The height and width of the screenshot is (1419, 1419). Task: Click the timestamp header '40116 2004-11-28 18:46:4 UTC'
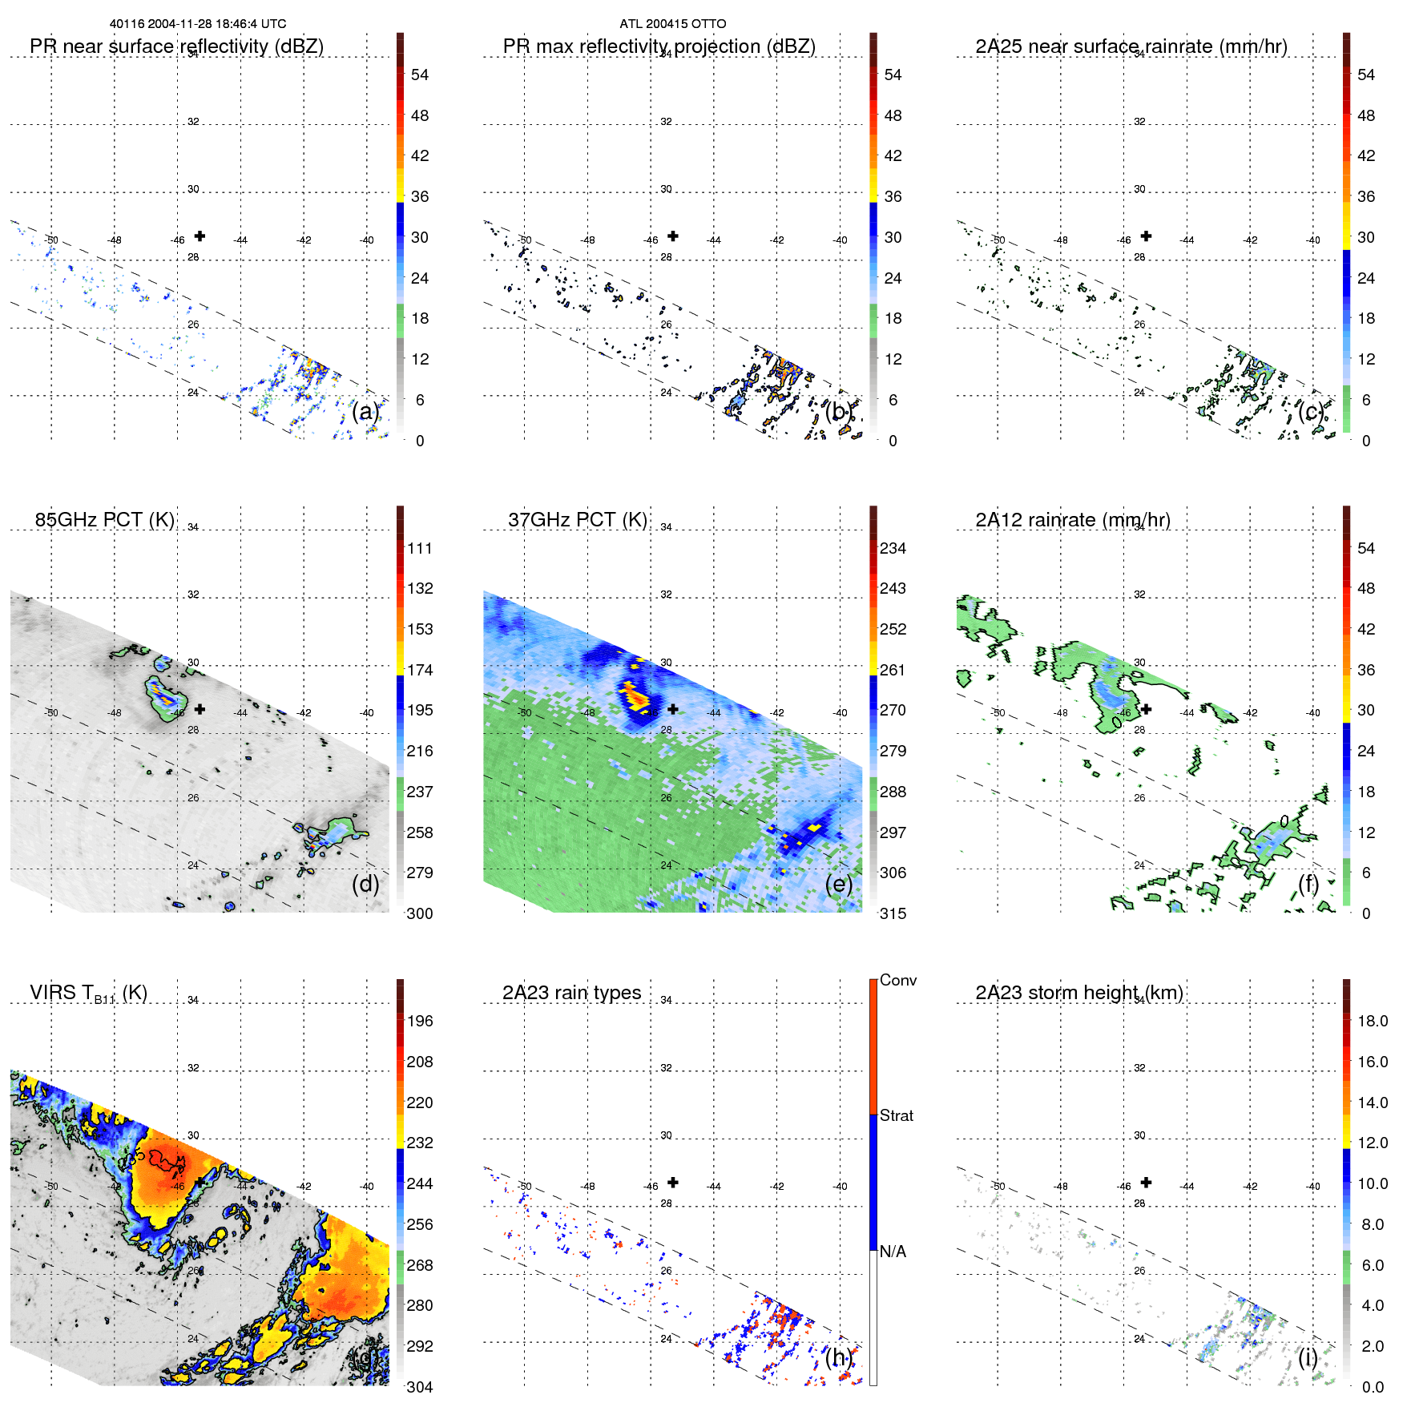pos(198,24)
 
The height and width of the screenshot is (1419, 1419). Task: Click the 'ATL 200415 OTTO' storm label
pos(673,24)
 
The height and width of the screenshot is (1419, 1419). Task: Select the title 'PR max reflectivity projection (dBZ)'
pos(659,46)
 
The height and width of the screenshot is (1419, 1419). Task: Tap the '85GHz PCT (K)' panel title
pos(104,520)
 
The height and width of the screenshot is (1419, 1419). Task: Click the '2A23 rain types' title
pos(571,993)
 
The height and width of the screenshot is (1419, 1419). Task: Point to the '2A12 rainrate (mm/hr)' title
pos(1073,520)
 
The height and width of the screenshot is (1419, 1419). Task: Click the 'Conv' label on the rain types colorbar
pos(897,980)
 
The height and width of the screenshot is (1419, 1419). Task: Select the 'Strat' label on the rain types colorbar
pos(896,1115)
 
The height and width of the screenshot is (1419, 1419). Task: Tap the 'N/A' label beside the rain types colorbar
pos(893,1252)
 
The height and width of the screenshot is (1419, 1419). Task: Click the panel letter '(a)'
pos(365,411)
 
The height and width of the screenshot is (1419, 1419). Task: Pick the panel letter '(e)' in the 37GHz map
pos(839,884)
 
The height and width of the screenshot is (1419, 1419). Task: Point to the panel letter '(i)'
pos(1308,1357)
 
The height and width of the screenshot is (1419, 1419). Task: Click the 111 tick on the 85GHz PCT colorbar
pos(420,548)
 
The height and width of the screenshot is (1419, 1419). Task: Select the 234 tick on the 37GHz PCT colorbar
pos(893,548)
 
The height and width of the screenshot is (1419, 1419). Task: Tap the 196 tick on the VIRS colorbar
pos(420,1021)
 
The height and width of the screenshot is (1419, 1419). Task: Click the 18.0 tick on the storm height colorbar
pos(1372,1021)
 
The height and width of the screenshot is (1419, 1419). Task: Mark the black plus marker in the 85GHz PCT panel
pos(200,709)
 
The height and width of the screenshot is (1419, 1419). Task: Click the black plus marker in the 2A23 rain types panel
pos(673,1182)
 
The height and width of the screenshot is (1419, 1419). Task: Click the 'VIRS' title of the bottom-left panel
pos(52,993)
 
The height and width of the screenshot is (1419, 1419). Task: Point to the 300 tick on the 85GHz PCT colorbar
pos(420,913)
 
